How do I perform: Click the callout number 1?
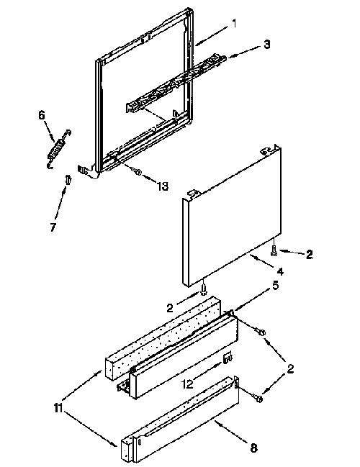click(234, 23)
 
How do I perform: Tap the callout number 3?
click(266, 45)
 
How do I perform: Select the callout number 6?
click(42, 115)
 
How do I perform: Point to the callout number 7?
click(53, 227)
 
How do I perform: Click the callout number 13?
click(163, 186)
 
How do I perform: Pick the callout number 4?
click(280, 271)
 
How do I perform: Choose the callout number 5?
click(275, 285)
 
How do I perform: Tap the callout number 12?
click(188, 384)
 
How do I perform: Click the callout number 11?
click(58, 408)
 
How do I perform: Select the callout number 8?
click(253, 448)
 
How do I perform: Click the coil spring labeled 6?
click(60, 149)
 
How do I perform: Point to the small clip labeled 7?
click(68, 180)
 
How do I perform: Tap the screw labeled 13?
click(138, 172)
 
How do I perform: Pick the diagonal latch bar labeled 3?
click(176, 83)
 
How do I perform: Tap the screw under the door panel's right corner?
click(274, 250)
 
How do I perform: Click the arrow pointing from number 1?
click(211, 36)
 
